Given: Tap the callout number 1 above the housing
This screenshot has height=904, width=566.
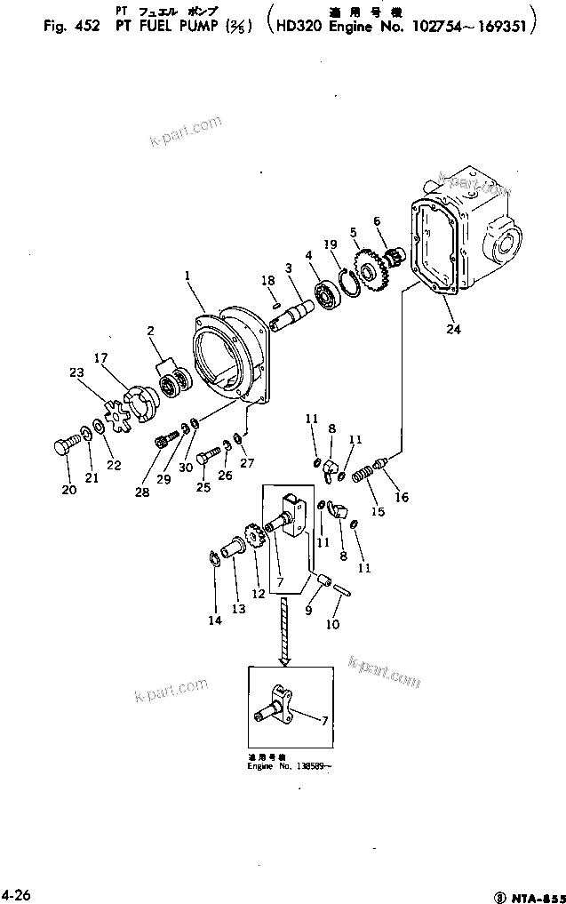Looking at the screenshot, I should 187,276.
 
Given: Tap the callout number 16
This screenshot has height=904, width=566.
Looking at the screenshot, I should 402,498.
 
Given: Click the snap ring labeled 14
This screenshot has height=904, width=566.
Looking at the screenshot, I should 214,558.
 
